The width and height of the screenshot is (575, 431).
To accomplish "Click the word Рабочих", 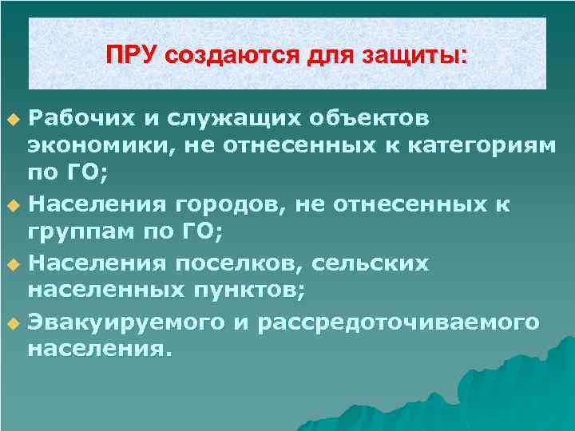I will (x=73, y=119).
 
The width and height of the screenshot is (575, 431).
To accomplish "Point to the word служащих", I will (x=220, y=119).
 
